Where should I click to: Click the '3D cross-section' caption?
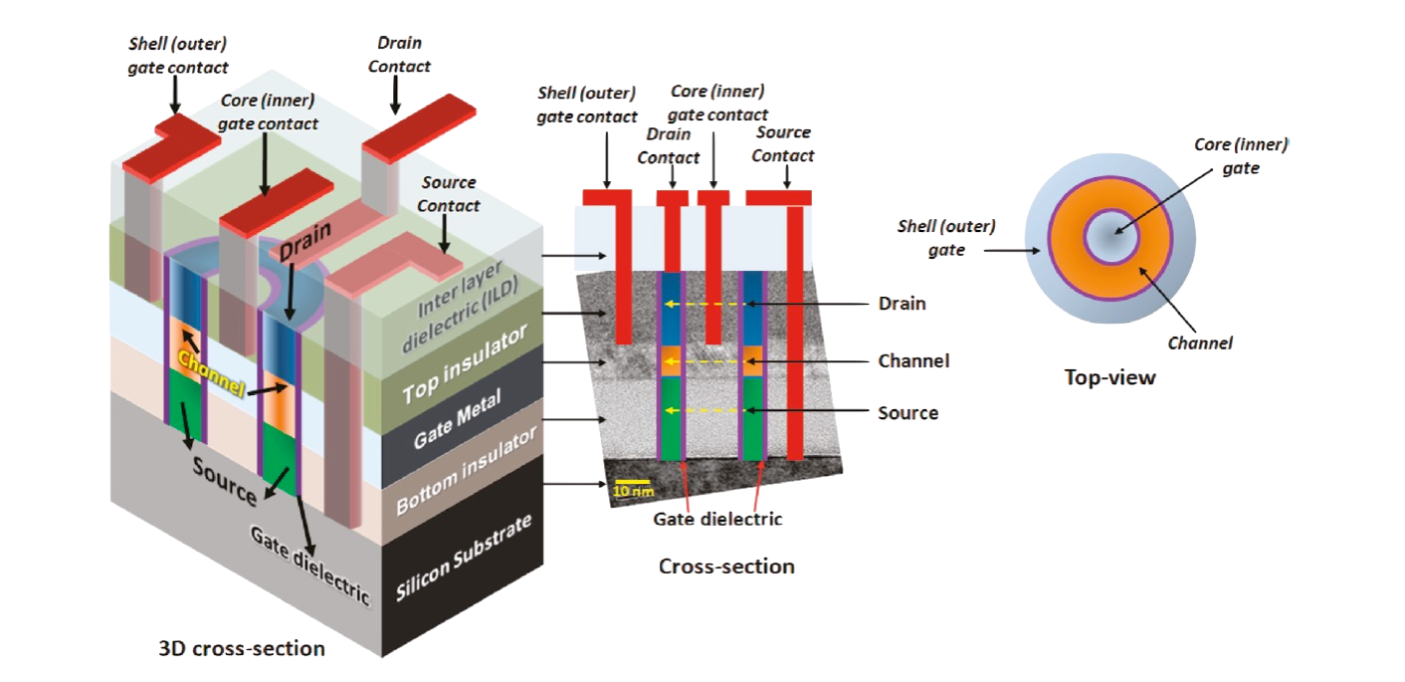(242, 649)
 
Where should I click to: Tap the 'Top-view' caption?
(1110, 377)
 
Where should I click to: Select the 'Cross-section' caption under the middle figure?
(726, 567)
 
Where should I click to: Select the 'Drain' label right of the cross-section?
(901, 303)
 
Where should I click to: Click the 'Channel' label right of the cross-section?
(912, 360)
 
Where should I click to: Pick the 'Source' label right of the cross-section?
(906, 411)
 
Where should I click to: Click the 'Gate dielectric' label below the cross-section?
(717, 518)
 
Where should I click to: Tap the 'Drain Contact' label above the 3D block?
(399, 56)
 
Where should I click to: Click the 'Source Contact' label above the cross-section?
(782, 143)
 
